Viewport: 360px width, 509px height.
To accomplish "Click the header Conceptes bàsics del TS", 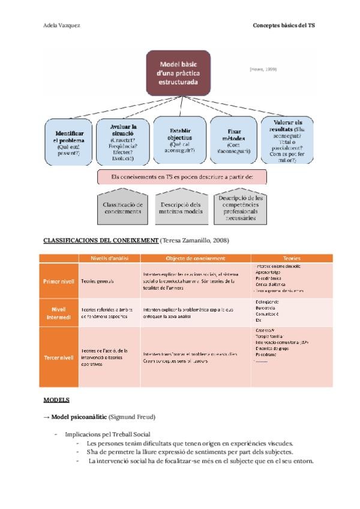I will point(284,26).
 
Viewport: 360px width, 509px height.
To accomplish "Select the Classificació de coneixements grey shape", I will point(122,208).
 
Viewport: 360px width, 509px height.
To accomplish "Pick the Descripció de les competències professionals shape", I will point(241,207).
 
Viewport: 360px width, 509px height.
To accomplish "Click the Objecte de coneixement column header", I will point(196,259).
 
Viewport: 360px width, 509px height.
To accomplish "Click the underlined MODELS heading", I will point(56,399).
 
